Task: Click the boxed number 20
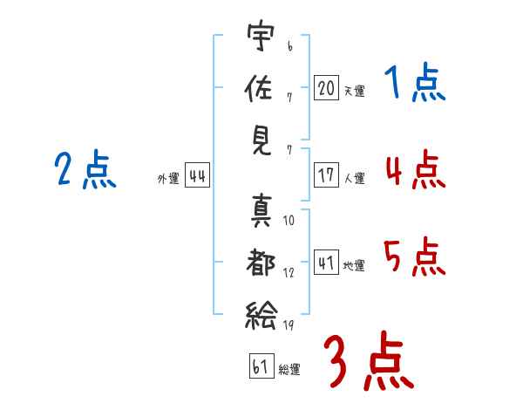coord(326,87)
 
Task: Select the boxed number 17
coord(326,174)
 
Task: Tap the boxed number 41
coord(326,263)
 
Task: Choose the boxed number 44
coord(197,176)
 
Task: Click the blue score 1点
coord(414,84)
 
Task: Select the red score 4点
coord(414,170)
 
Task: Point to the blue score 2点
coord(85,170)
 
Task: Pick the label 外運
coord(168,179)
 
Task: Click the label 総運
coord(289,370)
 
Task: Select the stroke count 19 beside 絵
coord(289,325)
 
